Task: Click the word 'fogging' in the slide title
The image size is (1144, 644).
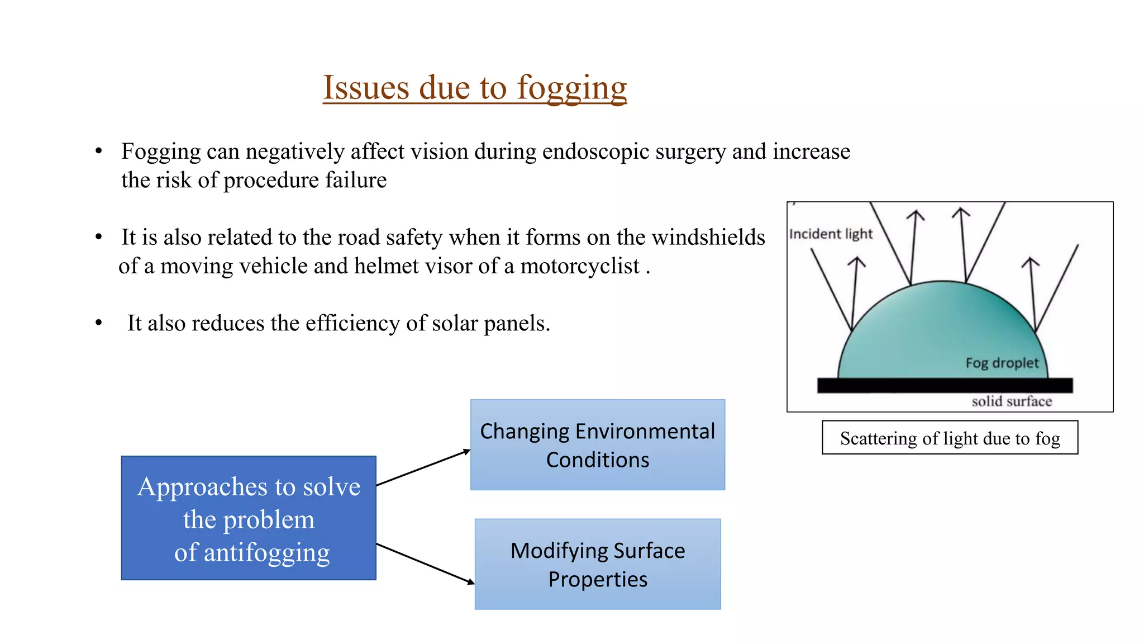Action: [x=571, y=88]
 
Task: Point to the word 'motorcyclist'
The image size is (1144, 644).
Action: [x=579, y=267]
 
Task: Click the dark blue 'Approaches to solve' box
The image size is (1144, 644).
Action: [x=249, y=518]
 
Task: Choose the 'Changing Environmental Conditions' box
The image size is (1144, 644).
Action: [x=597, y=445]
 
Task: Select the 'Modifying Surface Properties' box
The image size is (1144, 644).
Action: [x=597, y=564]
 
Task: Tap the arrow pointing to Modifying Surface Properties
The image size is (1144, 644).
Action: [x=425, y=563]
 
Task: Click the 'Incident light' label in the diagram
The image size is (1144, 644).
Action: [x=831, y=234]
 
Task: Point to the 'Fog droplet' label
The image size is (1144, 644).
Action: [x=1002, y=363]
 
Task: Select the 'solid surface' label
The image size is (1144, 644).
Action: [x=1012, y=401]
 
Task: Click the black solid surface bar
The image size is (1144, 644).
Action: [x=944, y=385]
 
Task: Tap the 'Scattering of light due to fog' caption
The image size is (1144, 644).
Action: [x=950, y=438]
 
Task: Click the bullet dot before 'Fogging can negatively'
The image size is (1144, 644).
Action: [x=99, y=151]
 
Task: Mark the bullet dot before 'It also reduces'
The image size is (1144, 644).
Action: [x=99, y=323]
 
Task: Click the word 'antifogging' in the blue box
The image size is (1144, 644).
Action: [x=266, y=552]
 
